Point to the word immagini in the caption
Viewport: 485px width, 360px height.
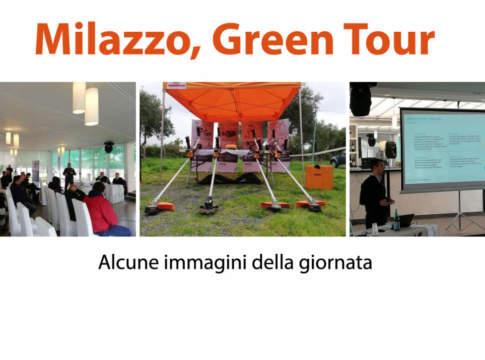pyautogui.click(x=206, y=266)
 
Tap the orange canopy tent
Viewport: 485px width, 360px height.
pyautogui.click(x=231, y=101)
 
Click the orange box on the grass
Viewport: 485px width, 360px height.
pyautogui.click(x=319, y=178)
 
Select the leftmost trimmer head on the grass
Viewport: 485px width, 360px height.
pyautogui.click(x=155, y=208)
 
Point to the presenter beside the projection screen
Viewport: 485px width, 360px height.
pyautogui.click(x=373, y=195)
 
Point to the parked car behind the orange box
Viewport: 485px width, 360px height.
pyautogui.click(x=337, y=159)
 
